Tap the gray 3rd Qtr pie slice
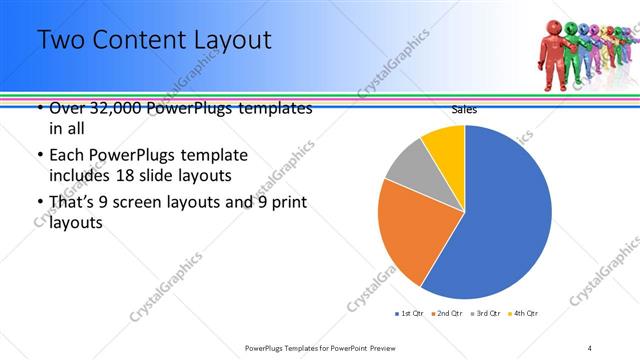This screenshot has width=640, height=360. click(x=408, y=164)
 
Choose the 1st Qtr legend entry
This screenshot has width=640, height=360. click(x=410, y=313)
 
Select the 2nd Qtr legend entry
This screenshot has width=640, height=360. click(x=446, y=313)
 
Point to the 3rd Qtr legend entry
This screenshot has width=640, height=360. click(x=486, y=313)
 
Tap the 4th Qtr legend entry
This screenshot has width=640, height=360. click(x=524, y=313)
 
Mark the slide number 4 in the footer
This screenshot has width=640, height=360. click(x=590, y=348)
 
